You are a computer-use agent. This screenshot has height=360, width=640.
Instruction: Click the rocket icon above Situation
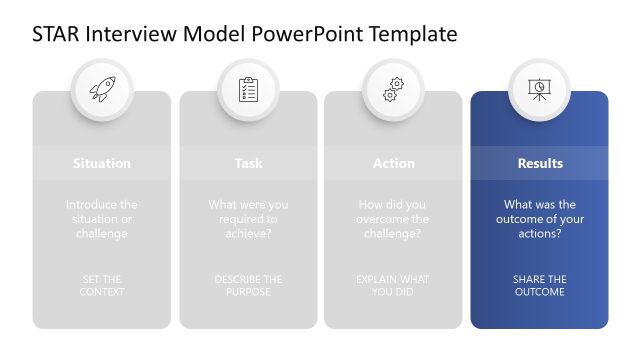(x=102, y=89)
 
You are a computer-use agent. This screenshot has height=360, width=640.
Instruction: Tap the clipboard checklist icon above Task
(x=248, y=89)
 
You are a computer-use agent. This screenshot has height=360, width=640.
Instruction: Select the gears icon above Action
(x=393, y=89)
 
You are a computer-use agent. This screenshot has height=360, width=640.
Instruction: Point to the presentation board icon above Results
(x=539, y=89)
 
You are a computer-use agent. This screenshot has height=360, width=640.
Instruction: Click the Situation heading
(x=102, y=163)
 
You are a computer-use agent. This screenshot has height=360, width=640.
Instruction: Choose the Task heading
(x=248, y=163)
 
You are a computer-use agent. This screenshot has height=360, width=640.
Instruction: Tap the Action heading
(x=393, y=163)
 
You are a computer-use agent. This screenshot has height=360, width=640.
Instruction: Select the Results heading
(x=539, y=163)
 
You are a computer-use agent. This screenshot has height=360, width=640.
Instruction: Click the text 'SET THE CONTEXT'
(x=102, y=286)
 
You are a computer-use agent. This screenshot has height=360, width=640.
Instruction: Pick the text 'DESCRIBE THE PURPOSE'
(x=248, y=286)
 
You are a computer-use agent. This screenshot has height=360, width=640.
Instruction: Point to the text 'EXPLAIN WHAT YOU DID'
(x=393, y=286)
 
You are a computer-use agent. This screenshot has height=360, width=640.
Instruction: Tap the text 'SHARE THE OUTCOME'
(x=539, y=286)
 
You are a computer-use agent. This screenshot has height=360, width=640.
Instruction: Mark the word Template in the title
(x=413, y=34)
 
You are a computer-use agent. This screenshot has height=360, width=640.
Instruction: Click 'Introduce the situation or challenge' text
(x=102, y=219)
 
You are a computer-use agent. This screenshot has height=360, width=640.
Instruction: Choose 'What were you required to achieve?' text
(x=248, y=219)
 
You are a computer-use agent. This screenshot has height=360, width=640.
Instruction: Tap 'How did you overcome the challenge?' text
(x=393, y=219)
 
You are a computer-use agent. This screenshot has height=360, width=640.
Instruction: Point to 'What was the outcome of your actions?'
(x=539, y=219)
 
